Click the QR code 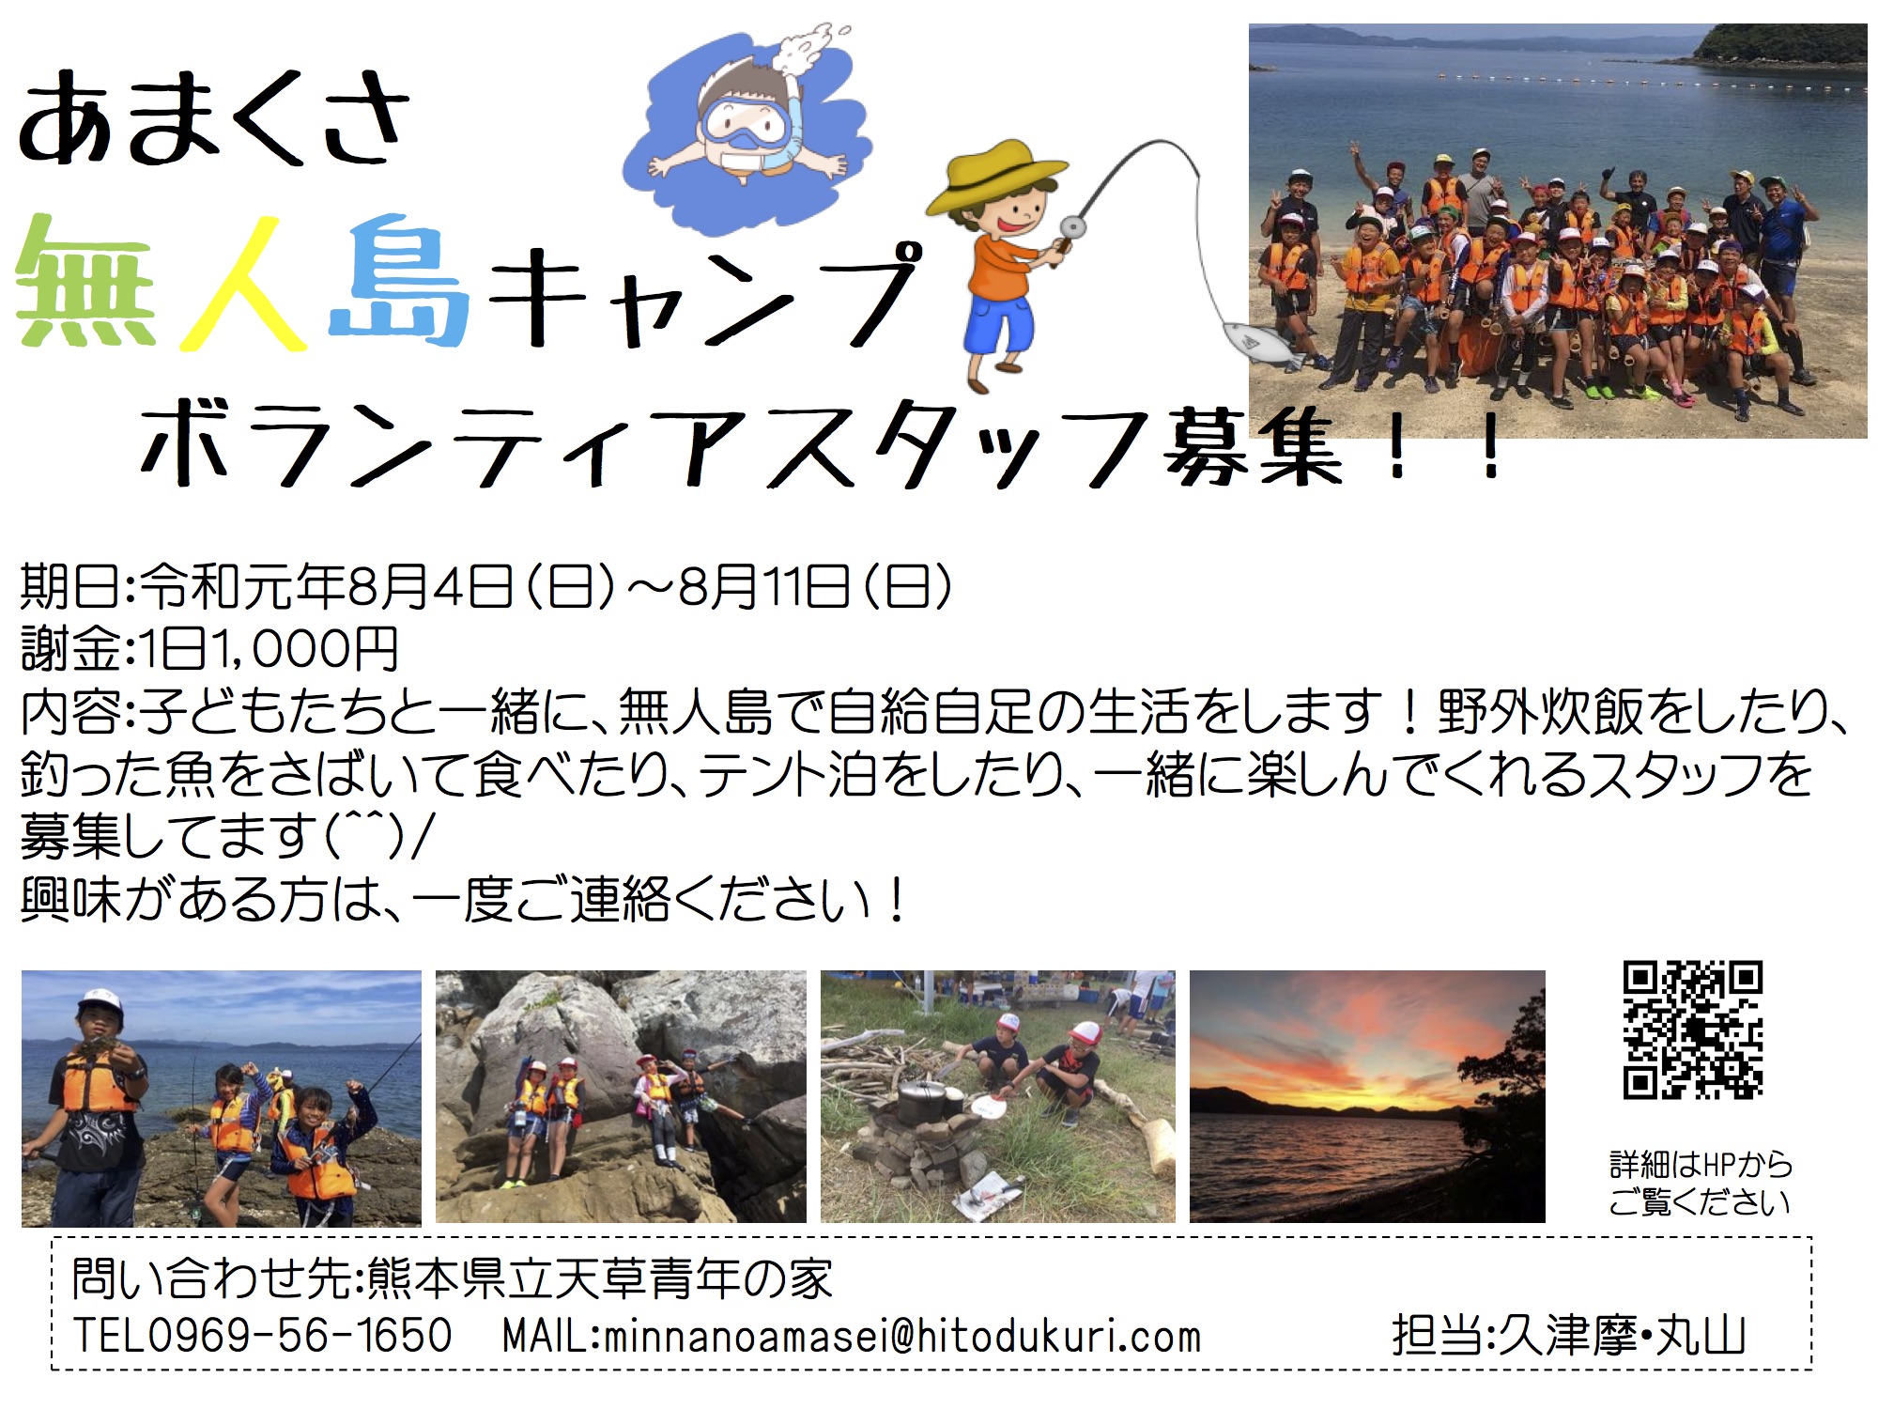1693,1030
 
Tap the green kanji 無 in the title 86,282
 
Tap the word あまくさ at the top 214,118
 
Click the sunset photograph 1367,1096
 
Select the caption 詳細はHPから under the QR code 1701,1165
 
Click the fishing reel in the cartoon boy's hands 1070,228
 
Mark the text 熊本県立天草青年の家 600,1278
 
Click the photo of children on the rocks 621,1096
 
